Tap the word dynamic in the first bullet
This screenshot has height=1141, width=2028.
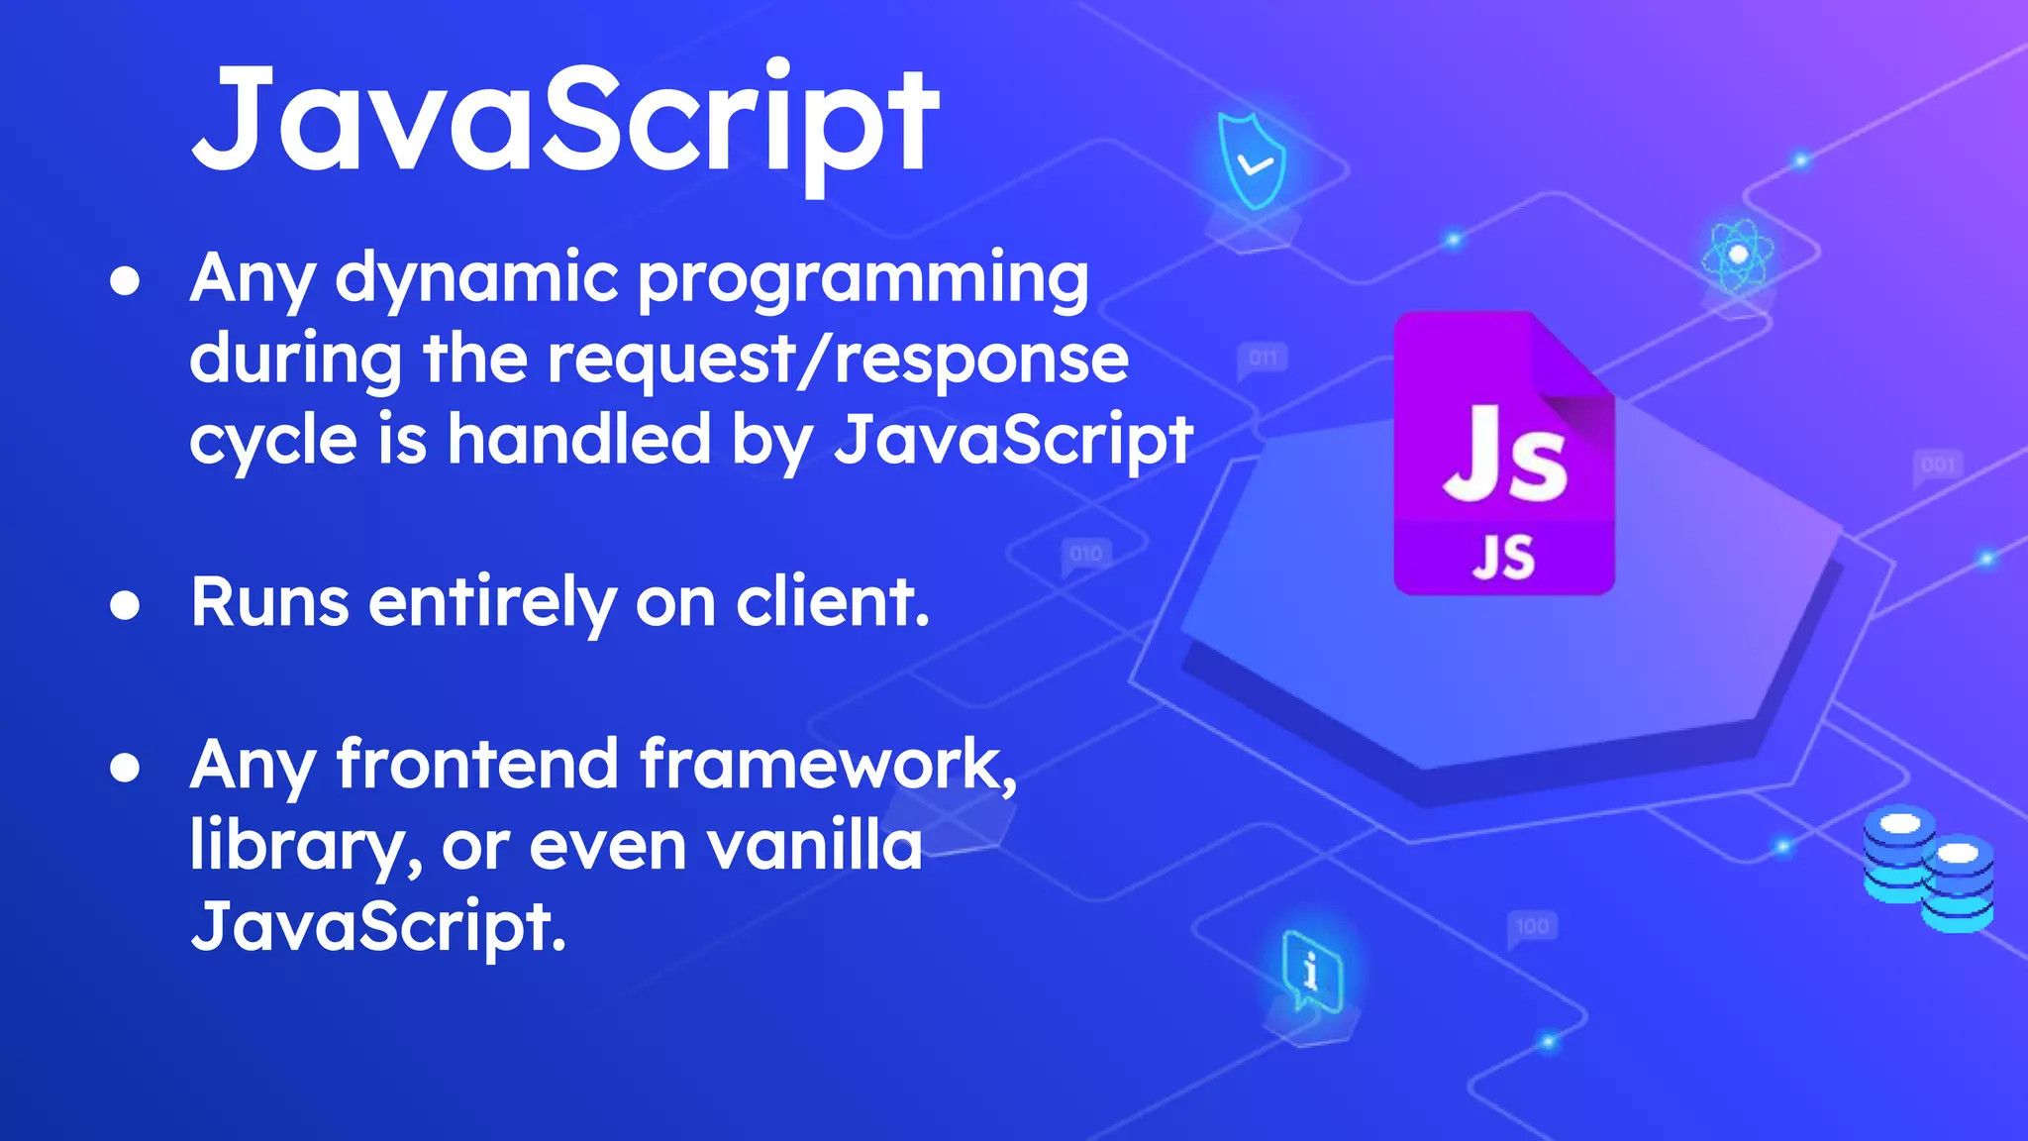tap(476, 279)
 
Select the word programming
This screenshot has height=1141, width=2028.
tap(862, 279)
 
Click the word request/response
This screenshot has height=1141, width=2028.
tap(838, 359)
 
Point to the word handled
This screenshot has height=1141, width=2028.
tap(579, 439)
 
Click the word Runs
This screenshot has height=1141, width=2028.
tap(269, 602)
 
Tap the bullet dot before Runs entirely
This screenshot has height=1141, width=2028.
tap(125, 605)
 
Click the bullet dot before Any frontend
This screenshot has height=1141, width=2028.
tap(125, 768)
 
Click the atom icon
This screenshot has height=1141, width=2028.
tap(1737, 255)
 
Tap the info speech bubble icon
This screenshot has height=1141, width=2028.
tap(1311, 971)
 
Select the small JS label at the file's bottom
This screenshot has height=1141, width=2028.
tap(1503, 557)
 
